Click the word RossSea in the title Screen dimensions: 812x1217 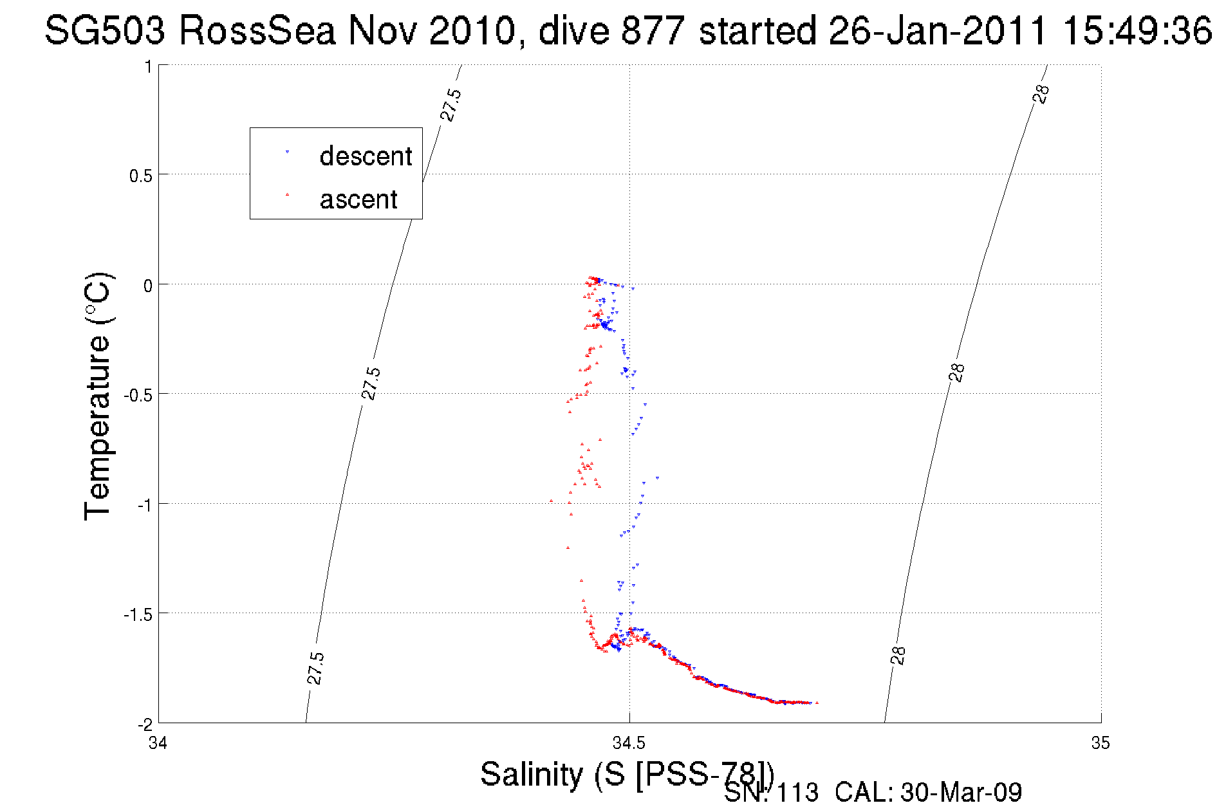pyautogui.click(x=257, y=30)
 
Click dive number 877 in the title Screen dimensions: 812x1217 pyautogui.click(x=652, y=30)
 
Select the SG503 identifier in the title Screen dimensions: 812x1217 pyautogui.click(x=104, y=30)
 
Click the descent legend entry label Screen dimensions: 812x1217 pyautogui.click(x=366, y=156)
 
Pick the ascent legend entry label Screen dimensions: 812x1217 pyautogui.click(x=358, y=199)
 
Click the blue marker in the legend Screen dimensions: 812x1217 pyautogui.click(x=287, y=152)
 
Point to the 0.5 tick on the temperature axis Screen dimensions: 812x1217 pyautogui.click(x=141, y=176)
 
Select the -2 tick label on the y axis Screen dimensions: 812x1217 pyautogui.click(x=145, y=724)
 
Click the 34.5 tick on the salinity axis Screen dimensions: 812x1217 pyautogui.click(x=629, y=744)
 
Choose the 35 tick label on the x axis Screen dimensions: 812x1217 pyautogui.click(x=1100, y=744)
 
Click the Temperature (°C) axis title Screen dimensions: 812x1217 pyautogui.click(x=98, y=396)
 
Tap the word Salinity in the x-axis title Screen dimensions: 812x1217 pyautogui.click(x=532, y=774)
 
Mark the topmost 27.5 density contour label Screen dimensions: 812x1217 pyautogui.click(x=451, y=105)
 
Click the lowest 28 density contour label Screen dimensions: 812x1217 pyautogui.click(x=898, y=655)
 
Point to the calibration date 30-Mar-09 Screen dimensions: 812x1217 pyautogui.click(x=961, y=793)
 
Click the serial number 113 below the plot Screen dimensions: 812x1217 pyautogui.click(x=797, y=793)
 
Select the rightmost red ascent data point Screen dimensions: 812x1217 pyautogui.click(x=817, y=703)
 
